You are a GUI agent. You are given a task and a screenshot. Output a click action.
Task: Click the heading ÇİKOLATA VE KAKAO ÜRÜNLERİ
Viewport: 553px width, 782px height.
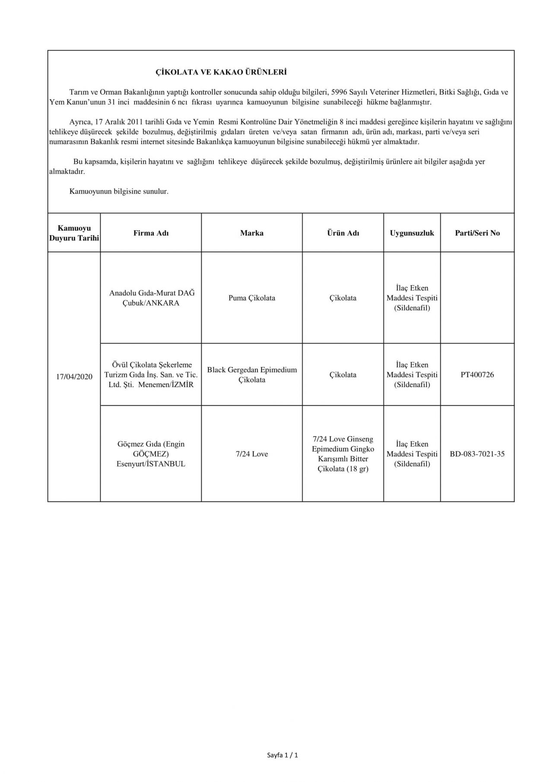point(221,72)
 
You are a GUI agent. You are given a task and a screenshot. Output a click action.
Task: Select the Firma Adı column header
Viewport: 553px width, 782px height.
point(151,233)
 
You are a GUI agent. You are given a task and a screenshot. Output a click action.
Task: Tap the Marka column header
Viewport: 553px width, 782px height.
point(252,233)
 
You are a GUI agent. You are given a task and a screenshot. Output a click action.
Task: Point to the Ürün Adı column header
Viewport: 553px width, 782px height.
point(343,233)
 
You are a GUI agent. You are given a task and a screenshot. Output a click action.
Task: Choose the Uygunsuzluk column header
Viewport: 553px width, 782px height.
point(412,233)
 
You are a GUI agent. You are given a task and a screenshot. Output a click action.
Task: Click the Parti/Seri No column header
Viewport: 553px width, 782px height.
point(477,233)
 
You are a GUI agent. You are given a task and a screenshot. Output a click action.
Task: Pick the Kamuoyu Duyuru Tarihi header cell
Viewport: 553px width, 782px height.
point(74,233)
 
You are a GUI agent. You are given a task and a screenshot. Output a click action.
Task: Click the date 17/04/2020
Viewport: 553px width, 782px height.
point(74,376)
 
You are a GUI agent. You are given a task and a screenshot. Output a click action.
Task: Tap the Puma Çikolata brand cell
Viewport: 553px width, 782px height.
point(252,298)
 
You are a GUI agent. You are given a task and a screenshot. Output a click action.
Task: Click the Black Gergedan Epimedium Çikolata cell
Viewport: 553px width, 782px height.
point(252,375)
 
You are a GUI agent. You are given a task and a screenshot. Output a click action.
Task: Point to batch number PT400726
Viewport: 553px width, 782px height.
point(477,375)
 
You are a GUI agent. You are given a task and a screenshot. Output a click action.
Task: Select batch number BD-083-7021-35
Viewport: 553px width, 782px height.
point(477,454)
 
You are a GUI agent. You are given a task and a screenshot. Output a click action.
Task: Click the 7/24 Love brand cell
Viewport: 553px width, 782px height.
point(252,454)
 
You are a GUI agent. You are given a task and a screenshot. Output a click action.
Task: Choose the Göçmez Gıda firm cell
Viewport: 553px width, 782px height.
point(151,454)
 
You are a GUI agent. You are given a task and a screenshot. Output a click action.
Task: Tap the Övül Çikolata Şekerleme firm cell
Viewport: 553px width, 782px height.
point(151,375)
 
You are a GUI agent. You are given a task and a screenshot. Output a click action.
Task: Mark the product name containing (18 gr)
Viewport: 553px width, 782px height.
point(343,454)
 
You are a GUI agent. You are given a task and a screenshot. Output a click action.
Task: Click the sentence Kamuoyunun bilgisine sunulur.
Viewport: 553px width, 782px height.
point(119,191)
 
